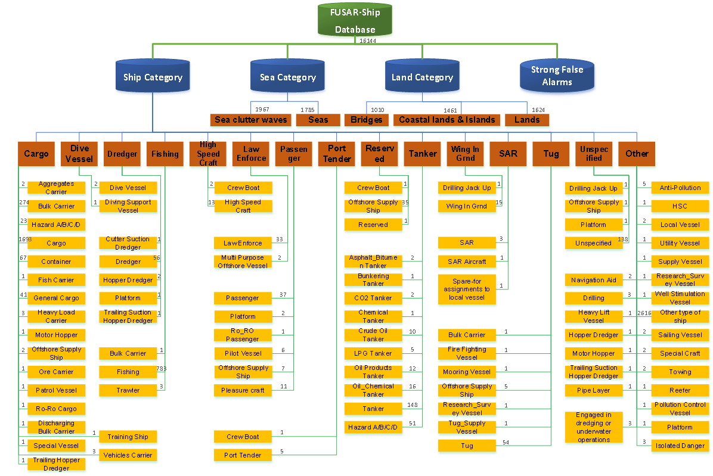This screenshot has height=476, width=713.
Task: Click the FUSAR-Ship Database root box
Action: [355, 21]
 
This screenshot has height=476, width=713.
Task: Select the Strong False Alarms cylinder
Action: [557, 76]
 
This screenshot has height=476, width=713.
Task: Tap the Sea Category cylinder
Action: [287, 77]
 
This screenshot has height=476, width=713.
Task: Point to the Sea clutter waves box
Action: [250, 120]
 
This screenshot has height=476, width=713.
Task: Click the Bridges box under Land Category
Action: [366, 120]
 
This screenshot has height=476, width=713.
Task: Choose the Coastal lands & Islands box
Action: [447, 120]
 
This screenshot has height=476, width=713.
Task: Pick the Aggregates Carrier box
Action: [56, 188]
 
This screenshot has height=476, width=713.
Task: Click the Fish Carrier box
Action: [56, 280]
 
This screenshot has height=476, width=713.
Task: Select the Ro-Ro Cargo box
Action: [56, 409]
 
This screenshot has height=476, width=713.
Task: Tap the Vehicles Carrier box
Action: [128, 455]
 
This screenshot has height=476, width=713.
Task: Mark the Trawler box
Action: [128, 390]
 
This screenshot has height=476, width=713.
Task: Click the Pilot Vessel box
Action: [243, 353]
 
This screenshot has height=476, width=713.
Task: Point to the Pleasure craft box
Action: [243, 390]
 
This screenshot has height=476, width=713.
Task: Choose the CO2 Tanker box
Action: [373, 298]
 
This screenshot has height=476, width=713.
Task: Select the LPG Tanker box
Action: [373, 353]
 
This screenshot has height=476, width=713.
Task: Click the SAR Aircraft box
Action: [467, 262]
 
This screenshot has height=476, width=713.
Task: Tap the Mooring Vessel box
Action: [467, 372]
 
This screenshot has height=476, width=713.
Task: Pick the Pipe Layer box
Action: [593, 390]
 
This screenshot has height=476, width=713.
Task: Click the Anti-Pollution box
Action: [680, 188]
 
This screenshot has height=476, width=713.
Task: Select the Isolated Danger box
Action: [680, 446]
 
